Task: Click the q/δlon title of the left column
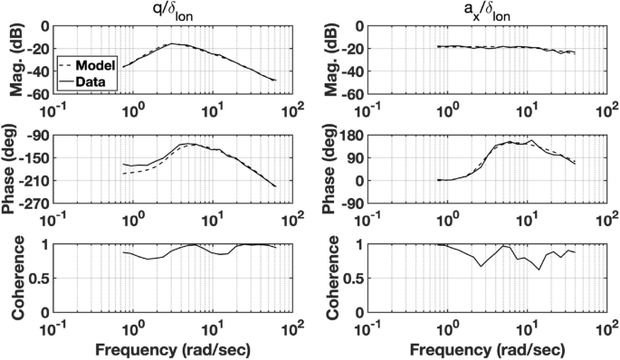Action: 173,11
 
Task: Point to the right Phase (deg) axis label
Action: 329,169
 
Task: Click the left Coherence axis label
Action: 15,279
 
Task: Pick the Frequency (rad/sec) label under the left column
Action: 173,347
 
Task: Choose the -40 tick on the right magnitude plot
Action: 354,71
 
